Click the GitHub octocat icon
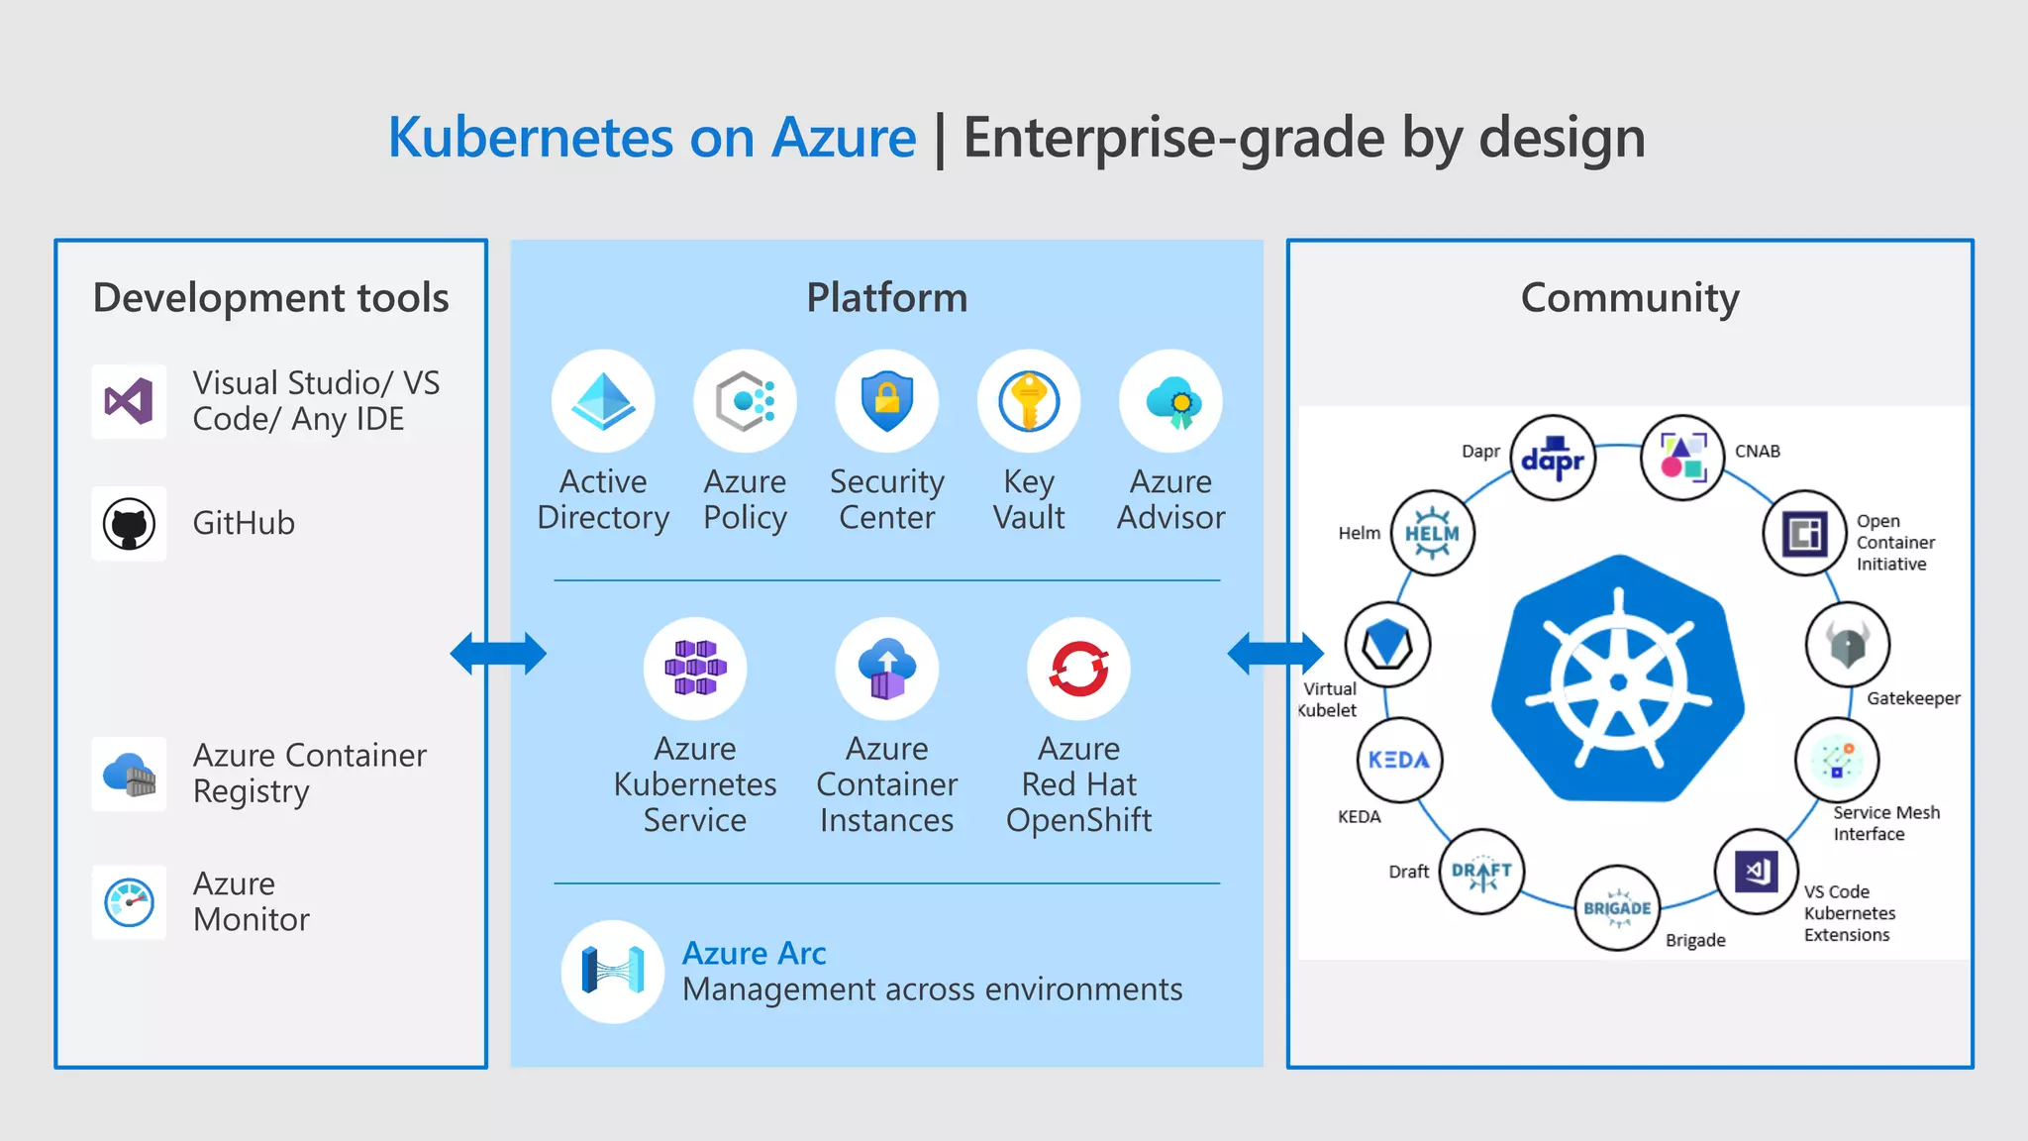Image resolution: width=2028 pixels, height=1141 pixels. tap(129, 524)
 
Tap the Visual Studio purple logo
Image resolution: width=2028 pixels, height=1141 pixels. tap(129, 401)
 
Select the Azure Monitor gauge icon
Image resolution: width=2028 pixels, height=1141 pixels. tap(129, 902)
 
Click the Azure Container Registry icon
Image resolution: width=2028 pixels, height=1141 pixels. tap(129, 775)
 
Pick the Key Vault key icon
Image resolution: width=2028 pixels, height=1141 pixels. tap(1029, 401)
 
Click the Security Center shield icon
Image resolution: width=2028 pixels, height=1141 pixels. tap(886, 401)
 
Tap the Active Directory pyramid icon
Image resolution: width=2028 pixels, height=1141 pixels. tap(603, 401)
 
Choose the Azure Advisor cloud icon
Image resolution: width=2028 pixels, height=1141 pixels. tap(1171, 401)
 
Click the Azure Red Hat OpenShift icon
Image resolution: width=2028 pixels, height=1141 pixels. tap(1078, 669)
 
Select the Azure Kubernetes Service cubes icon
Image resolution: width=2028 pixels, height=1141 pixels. tap(695, 669)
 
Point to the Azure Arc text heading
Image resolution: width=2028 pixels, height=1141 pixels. tap(754, 953)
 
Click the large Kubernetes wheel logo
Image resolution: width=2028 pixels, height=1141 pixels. tap(1618, 680)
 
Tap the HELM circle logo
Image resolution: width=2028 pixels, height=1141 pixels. tap(1432, 533)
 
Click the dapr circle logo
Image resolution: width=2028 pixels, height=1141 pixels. tap(1553, 459)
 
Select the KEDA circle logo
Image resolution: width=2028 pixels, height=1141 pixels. tap(1398, 760)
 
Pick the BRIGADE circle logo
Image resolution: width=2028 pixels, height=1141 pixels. tap(1616, 907)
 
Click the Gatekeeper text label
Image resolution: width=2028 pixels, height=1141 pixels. tap(1912, 698)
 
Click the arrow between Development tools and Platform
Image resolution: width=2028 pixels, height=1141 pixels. tap(498, 654)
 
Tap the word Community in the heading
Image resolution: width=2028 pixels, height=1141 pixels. tap(1629, 298)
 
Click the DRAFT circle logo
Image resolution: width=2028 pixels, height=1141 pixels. tap(1481, 872)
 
